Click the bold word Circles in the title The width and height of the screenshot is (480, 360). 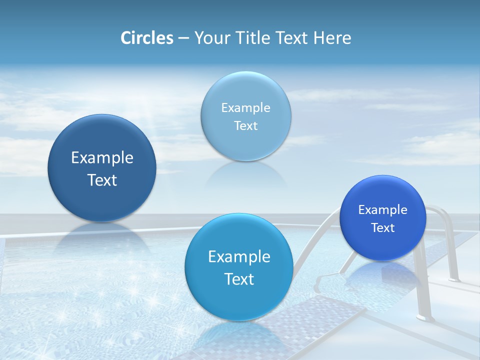pos(147,38)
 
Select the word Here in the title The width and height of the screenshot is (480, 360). pos(332,38)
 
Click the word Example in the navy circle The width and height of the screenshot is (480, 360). pos(102,158)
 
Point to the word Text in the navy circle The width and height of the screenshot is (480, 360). pos(102,180)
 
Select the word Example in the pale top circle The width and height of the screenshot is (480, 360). pos(245,107)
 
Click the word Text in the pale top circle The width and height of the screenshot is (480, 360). pos(245,125)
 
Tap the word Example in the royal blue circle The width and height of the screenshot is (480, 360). pos(382,209)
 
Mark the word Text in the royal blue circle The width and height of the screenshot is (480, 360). pos(382,227)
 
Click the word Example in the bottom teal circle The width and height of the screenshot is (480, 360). pos(238,257)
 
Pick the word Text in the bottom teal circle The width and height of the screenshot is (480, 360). pos(238,279)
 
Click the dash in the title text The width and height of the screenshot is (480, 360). pos(183,38)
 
